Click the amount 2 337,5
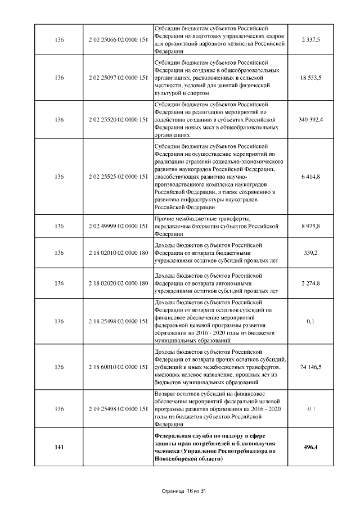click(x=310, y=39)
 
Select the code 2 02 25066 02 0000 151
click(x=118, y=39)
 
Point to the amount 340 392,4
click(x=310, y=120)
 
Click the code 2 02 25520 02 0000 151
click(x=118, y=120)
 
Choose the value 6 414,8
click(x=310, y=177)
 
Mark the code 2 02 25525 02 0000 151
click(x=118, y=177)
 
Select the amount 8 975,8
click(x=310, y=226)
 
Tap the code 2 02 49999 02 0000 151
click(x=118, y=226)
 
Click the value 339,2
click(x=310, y=253)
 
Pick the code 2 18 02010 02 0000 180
click(x=118, y=253)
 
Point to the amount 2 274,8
click(x=310, y=283)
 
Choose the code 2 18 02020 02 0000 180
click(x=118, y=283)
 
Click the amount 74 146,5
click(x=310, y=367)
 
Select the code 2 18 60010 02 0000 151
click(x=118, y=367)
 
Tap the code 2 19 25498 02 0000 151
click(x=118, y=409)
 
